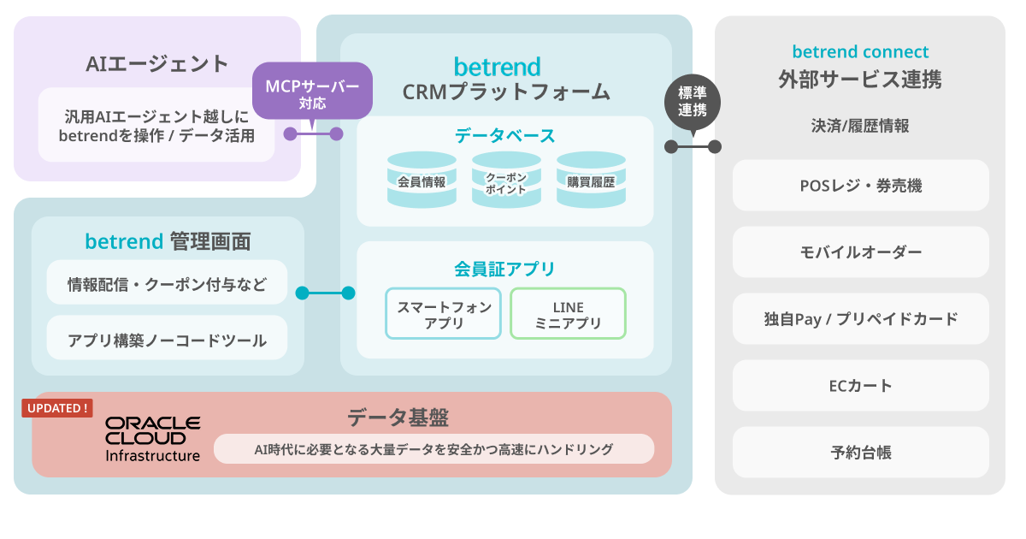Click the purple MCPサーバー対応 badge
[x=312, y=92]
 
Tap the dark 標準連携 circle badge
[x=692, y=102]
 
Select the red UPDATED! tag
[x=57, y=408]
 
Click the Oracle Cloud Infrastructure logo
[x=152, y=439]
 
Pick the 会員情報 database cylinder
[x=422, y=181]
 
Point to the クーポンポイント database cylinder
[x=506, y=181]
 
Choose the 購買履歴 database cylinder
[x=591, y=181]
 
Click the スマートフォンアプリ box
[x=444, y=313]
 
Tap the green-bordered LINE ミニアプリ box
[x=568, y=313]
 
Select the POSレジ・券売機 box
[x=861, y=185]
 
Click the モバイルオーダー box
[x=861, y=252]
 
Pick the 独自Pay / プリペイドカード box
[x=861, y=318]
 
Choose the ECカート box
[x=861, y=386]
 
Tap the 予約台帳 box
[x=861, y=453]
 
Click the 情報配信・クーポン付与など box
[x=168, y=282]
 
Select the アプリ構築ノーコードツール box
[x=168, y=338]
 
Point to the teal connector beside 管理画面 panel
[x=325, y=293]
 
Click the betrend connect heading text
[x=861, y=52]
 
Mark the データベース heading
[x=504, y=136]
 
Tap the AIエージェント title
[x=157, y=63]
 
